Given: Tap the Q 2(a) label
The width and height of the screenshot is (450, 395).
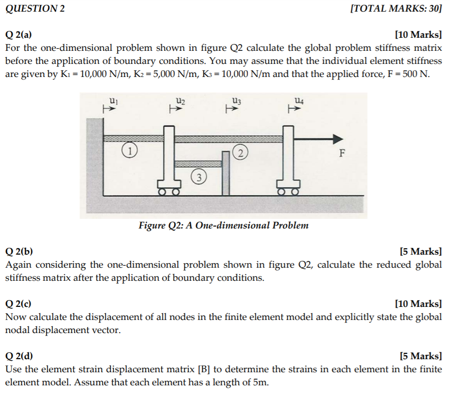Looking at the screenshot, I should click(x=19, y=35).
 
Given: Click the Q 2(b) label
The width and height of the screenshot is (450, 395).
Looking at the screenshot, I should click(x=19, y=251).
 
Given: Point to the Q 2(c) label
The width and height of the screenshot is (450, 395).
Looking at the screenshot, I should click(x=19, y=304).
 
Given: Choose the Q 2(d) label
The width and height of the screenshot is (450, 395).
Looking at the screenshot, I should click(x=19, y=356).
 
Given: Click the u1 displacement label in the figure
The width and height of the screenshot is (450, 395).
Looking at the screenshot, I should click(x=112, y=101).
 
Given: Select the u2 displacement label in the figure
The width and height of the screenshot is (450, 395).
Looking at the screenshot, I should click(x=180, y=101).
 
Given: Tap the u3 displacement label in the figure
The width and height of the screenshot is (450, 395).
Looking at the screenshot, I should click(x=236, y=101).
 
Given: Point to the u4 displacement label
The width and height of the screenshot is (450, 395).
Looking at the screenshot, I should click(x=299, y=101).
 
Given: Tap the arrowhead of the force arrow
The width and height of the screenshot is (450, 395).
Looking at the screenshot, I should click(x=337, y=138).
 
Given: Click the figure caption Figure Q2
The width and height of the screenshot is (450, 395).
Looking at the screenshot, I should click(x=223, y=226).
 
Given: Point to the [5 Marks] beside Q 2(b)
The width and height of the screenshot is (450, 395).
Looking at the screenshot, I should click(x=420, y=251).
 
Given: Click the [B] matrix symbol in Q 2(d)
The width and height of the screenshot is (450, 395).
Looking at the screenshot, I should click(x=204, y=369).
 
